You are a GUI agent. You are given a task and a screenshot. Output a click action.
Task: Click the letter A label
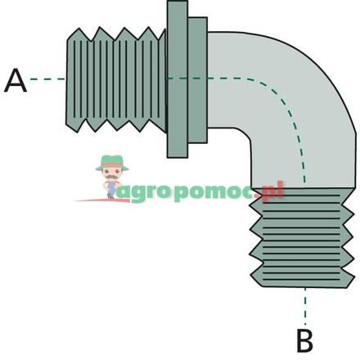[16, 81]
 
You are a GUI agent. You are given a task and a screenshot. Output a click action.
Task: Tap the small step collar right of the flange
[198, 79]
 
